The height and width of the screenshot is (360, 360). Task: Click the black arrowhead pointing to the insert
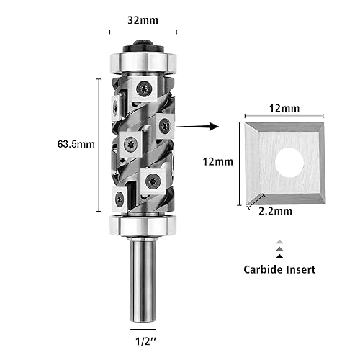click(x=212, y=126)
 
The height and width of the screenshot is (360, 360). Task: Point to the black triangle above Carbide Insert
click(x=279, y=255)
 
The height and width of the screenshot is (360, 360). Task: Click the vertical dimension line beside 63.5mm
click(x=97, y=143)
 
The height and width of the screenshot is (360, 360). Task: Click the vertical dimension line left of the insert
click(x=238, y=162)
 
